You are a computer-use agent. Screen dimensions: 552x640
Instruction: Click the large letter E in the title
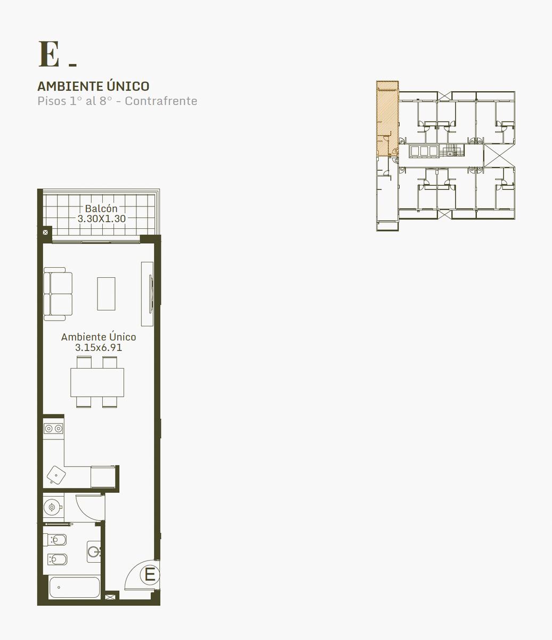point(48,54)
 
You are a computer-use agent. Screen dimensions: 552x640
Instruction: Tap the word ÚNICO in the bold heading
point(128,86)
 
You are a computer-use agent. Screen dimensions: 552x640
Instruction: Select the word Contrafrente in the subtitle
point(161,101)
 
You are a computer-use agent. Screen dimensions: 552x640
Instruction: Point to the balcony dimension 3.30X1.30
point(101,219)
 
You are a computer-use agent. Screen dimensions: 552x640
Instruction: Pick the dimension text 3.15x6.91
point(99,347)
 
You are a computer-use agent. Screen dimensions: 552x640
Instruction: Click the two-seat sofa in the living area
point(58,294)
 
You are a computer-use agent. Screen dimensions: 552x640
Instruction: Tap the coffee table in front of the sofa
point(106,293)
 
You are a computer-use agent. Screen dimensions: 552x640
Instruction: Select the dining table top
point(97,382)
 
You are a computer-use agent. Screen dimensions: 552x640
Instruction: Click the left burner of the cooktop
point(48,429)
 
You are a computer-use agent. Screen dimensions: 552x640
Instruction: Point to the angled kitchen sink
point(56,475)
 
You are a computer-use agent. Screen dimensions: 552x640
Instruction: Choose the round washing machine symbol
point(52,507)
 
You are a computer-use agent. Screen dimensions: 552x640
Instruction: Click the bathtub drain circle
point(59,587)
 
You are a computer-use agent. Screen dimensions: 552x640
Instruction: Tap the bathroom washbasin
point(94,552)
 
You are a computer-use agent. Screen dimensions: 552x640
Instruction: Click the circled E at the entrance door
point(150,575)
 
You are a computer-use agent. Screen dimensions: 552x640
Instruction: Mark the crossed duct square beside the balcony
point(45,232)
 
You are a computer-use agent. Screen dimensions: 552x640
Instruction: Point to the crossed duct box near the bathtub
point(109,597)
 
